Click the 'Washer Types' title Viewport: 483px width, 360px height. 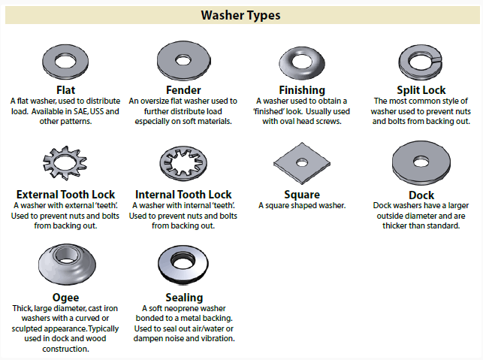[240, 15]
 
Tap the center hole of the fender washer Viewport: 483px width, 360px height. [183, 60]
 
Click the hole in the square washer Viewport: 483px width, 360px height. [302, 162]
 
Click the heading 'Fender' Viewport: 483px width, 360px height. [183, 90]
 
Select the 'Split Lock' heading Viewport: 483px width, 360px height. [421, 90]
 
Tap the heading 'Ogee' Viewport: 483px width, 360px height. [65, 298]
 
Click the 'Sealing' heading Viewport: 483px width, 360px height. [184, 298]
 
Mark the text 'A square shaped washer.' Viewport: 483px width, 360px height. [302, 206]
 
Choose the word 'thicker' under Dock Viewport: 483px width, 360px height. [394, 226]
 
